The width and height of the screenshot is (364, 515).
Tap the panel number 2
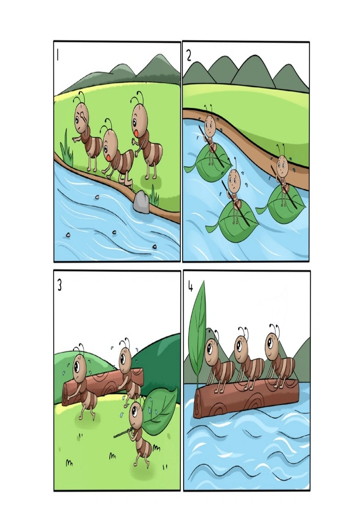(x=189, y=56)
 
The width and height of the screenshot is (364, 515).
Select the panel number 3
(x=60, y=285)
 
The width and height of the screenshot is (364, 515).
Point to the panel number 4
(x=190, y=287)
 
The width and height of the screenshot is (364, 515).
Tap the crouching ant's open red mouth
(x=108, y=157)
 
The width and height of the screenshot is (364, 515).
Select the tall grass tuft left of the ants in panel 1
(x=67, y=148)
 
